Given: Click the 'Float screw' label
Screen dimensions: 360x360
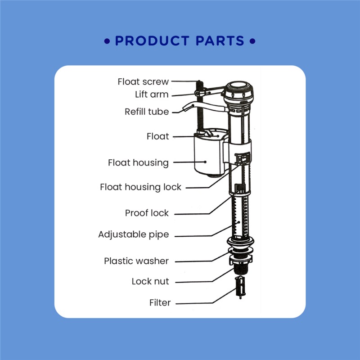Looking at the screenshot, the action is (143, 82).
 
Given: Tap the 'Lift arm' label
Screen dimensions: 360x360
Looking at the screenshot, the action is (152, 94).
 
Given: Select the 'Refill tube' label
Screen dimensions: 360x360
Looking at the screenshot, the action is (147, 112).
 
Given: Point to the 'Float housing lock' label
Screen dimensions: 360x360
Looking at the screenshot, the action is (140, 187).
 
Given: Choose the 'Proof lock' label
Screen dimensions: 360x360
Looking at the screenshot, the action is (147, 213).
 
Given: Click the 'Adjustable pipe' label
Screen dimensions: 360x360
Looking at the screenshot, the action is (133, 234).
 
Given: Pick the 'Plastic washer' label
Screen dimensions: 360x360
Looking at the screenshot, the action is (136, 261).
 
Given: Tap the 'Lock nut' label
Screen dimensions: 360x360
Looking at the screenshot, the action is (150, 282).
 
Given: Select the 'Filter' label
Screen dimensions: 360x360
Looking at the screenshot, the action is (160, 302).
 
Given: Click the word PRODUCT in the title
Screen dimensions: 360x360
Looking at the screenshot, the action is (152, 41).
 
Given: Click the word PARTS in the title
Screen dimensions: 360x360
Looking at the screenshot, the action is (220, 41).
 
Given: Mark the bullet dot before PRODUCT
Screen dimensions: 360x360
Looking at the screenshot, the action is (107, 41).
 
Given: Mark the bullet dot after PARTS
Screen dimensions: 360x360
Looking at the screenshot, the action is (252, 41).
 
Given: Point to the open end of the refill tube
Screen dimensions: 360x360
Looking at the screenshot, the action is (185, 108).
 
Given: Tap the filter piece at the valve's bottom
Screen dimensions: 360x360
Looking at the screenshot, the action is (240, 287).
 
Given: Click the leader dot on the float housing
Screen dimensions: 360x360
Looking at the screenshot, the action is (205, 162).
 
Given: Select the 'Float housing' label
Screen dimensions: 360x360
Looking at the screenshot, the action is (138, 163).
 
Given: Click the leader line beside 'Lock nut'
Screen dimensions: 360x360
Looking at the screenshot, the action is (205, 275).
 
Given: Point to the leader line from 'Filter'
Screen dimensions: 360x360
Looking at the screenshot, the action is (206, 296).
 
